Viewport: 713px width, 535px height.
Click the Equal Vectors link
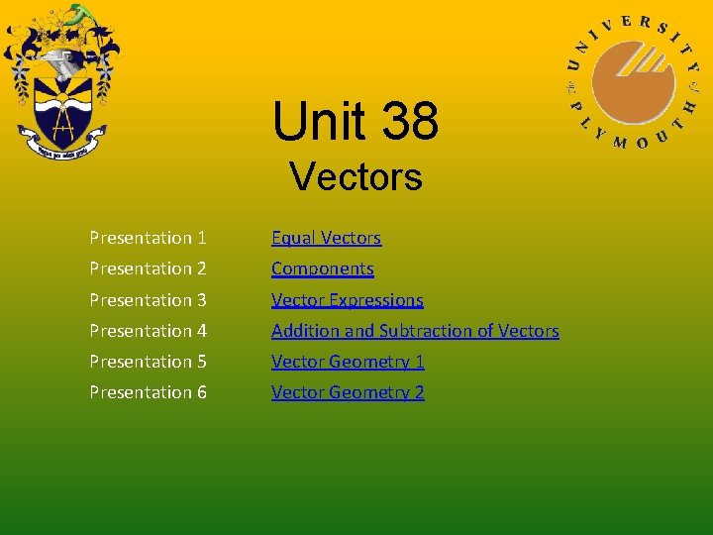tap(326, 238)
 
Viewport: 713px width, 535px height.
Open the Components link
tap(322, 268)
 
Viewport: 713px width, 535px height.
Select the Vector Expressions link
tap(347, 300)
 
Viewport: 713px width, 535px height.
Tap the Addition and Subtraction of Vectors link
tap(415, 331)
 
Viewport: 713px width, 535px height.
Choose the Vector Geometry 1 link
tap(348, 362)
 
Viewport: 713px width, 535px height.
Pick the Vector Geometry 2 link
tap(348, 392)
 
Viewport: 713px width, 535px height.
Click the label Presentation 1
tap(148, 238)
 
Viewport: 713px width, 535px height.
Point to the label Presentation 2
tap(148, 268)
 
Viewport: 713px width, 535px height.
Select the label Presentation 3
tap(148, 300)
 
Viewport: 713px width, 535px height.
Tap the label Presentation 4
tap(148, 331)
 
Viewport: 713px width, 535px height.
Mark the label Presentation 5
tap(148, 362)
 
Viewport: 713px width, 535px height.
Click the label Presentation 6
tap(148, 392)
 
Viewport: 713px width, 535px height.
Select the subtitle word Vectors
tap(356, 178)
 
